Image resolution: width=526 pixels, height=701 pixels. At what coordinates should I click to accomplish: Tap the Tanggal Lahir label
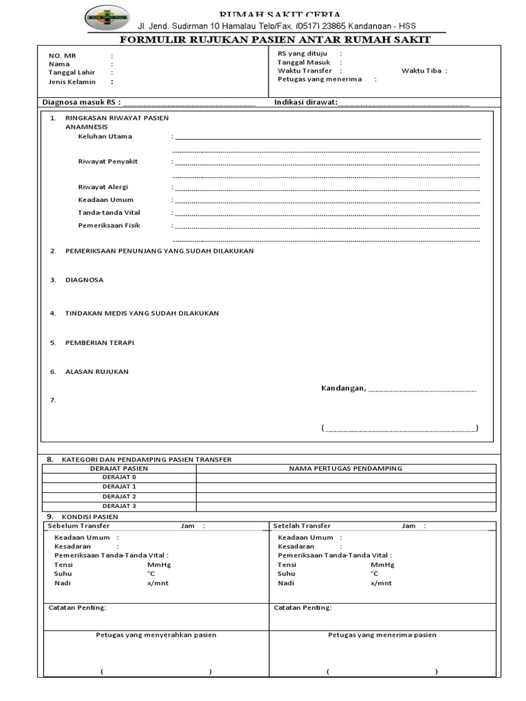coord(71,73)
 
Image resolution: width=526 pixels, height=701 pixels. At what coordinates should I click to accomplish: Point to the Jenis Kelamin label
coord(72,81)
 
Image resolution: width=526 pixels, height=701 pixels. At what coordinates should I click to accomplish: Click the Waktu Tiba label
coord(421,71)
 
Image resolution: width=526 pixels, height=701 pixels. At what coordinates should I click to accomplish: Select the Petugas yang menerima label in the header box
coord(320,79)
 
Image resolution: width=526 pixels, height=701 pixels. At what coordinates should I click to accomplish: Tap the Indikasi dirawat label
coord(306,103)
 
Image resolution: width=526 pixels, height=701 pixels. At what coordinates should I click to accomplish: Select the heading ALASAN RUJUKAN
coord(97,372)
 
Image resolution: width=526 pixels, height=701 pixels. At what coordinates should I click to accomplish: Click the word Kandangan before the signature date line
coord(343,388)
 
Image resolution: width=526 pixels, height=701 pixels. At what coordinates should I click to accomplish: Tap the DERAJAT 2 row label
coord(119,496)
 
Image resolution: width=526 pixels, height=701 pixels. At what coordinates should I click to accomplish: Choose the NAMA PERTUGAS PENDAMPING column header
coord(346,468)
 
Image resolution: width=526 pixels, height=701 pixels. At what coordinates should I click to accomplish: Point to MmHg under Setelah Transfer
coord(382,565)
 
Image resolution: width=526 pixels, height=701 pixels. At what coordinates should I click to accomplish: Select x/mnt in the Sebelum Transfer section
coord(158,583)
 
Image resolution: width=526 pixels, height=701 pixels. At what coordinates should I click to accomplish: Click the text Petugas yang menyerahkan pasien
coord(155,635)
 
